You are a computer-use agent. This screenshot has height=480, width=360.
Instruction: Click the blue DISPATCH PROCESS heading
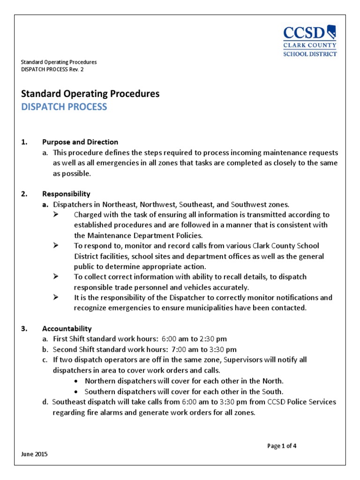pyautogui.click(x=64, y=107)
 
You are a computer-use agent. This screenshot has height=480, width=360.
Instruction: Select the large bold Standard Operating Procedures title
pyautogui.click(x=90, y=94)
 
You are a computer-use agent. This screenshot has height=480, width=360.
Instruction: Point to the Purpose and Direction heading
pyautogui.click(x=80, y=142)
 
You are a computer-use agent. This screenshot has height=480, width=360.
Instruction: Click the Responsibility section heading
pyautogui.click(x=66, y=194)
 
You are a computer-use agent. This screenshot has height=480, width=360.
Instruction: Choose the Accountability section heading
pyautogui.click(x=67, y=329)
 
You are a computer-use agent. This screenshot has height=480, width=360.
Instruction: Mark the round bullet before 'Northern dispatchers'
pyautogui.click(x=77, y=381)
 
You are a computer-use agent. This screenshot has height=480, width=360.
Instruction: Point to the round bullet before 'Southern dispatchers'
pyautogui.click(x=77, y=392)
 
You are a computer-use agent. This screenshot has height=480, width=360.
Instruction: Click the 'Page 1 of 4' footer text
pyautogui.click(x=282, y=446)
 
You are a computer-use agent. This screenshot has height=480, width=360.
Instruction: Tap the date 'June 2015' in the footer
pyautogui.click(x=34, y=455)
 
